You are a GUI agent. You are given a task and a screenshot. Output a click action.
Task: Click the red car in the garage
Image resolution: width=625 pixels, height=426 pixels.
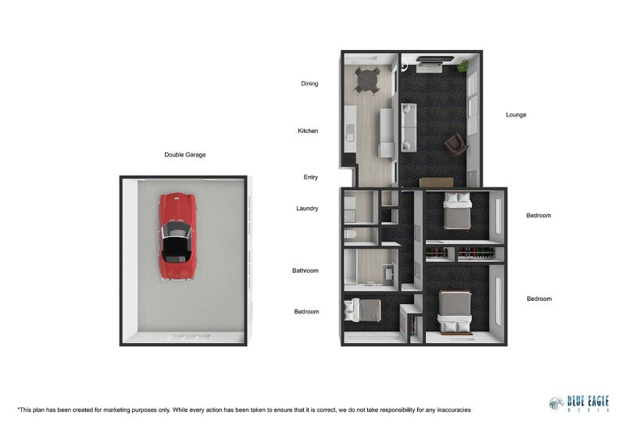coord(179,236)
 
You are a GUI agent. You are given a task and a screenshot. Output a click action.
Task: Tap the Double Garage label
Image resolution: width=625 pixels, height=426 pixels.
coord(185,155)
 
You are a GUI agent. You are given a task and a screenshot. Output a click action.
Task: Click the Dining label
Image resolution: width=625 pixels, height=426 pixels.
coord(309,84)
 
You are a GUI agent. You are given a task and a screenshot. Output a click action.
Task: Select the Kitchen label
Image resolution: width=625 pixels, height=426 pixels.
coord(308,131)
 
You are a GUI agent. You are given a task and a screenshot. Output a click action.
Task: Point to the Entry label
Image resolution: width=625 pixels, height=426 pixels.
coord(310,177)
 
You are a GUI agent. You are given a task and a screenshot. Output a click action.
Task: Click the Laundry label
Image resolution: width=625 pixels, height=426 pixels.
coord(307,209)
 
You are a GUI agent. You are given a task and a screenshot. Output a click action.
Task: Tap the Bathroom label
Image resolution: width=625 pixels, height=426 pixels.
coord(305,270)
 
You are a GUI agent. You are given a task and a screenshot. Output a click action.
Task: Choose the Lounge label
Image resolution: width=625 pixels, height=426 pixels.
coord(516,115)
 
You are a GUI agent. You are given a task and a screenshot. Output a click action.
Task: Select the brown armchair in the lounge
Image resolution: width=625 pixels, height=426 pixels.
coord(455,143)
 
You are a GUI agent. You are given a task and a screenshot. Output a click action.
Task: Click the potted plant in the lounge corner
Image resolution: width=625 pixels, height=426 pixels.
coord(464,65)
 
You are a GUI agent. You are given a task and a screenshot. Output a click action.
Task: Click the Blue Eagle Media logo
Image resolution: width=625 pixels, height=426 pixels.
coord(578,403)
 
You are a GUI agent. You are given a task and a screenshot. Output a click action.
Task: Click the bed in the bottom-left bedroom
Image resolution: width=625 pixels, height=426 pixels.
coord(361,310)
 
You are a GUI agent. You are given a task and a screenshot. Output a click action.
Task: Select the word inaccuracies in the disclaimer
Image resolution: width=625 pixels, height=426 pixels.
coord(447,410)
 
